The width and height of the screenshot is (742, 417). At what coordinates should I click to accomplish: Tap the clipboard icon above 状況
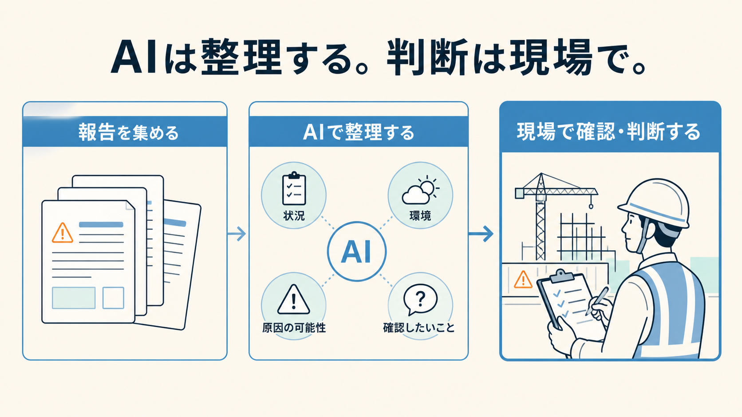point(294,188)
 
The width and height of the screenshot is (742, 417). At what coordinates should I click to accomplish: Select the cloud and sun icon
point(420,190)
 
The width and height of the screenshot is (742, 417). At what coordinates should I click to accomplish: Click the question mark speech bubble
point(420,300)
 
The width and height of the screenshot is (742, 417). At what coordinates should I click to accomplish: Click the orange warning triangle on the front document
point(62,233)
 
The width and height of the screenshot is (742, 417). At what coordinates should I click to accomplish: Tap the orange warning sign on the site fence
point(523,280)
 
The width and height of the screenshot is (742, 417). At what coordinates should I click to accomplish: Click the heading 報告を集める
point(129,132)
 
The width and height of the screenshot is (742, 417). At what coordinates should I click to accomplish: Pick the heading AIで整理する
point(359,132)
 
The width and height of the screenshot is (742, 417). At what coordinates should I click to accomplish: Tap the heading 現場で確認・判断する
point(608,132)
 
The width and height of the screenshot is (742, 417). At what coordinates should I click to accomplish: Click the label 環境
point(420,216)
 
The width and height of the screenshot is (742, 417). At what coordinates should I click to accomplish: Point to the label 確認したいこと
point(418,327)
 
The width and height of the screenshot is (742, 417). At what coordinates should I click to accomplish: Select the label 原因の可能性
point(294,327)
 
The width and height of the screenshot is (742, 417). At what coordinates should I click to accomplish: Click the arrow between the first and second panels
point(237,234)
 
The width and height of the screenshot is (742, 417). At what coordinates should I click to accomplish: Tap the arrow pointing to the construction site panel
point(481,234)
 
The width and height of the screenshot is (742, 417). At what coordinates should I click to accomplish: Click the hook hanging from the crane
point(591,206)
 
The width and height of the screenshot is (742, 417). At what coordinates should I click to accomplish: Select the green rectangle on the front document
point(74,298)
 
